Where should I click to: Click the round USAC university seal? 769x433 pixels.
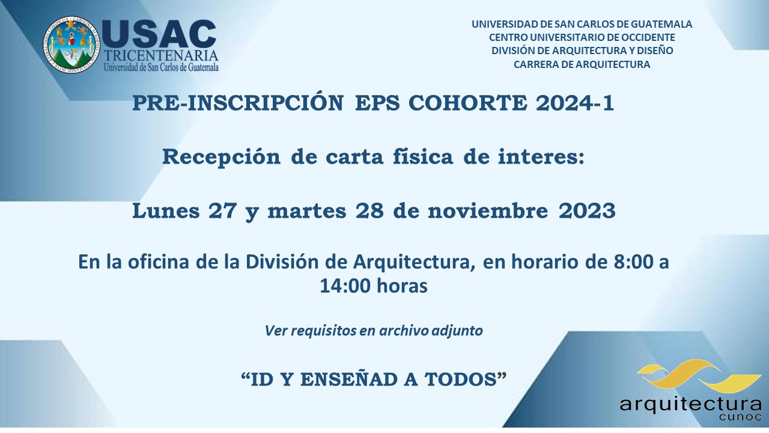[x=71, y=45]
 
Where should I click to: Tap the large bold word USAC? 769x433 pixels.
[x=159, y=34]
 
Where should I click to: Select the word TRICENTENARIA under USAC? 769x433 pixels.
[x=161, y=56]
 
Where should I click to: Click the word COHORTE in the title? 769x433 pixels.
[x=467, y=103]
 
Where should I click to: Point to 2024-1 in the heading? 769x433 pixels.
[x=575, y=103]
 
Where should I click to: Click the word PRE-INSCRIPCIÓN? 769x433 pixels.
[x=238, y=102]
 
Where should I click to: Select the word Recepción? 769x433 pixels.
[x=222, y=158]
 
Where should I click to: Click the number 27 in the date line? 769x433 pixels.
[x=222, y=210]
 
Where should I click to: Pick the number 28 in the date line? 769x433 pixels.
[x=369, y=210]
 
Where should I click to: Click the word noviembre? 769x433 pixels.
[x=488, y=210]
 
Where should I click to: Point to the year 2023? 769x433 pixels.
[x=587, y=210]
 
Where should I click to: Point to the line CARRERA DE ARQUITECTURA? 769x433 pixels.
[x=582, y=64]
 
